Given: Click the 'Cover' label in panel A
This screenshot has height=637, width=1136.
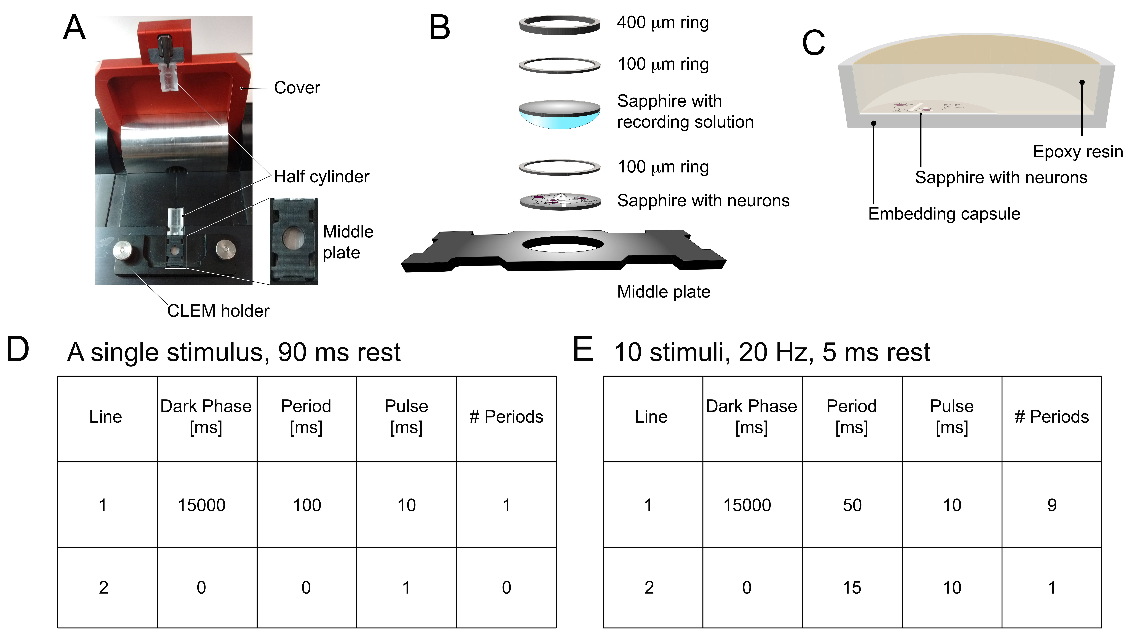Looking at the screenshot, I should (297, 88).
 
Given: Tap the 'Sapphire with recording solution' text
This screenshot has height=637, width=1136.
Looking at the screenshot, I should (685, 111).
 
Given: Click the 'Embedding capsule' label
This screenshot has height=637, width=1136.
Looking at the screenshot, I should (944, 214).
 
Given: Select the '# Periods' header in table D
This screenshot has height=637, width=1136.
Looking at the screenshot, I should (506, 417).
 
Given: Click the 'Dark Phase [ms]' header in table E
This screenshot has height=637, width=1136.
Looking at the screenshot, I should (751, 417).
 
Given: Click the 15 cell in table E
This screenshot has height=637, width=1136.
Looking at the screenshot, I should (852, 588).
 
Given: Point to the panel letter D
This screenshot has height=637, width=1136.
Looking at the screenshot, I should (18, 350).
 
